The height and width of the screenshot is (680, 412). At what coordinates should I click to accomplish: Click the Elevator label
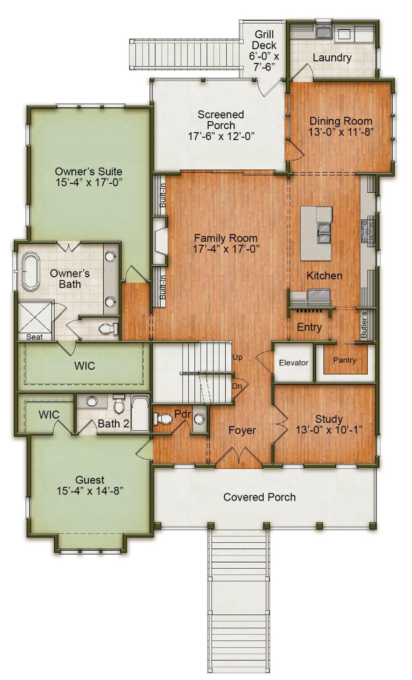click(x=293, y=363)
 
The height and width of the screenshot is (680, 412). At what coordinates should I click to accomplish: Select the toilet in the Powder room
click(x=164, y=418)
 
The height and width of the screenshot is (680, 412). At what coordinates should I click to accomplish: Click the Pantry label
click(x=344, y=360)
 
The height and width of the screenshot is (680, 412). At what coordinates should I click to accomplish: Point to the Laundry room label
click(x=332, y=58)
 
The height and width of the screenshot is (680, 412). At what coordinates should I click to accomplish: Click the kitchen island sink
click(x=323, y=232)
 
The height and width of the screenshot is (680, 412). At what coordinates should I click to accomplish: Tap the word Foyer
click(x=242, y=430)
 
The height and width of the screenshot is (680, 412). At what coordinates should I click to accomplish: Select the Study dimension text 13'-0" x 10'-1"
click(x=329, y=430)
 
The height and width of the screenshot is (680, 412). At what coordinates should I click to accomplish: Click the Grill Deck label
click(x=264, y=40)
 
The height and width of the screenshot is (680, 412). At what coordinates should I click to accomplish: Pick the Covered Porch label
click(x=259, y=497)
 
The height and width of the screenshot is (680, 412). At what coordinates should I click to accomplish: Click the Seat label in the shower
click(x=34, y=337)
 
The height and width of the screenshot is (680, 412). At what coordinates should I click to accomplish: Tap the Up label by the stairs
click(x=237, y=357)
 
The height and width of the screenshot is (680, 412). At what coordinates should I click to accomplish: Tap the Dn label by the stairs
click(x=237, y=386)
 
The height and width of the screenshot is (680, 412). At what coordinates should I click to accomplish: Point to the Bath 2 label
click(x=113, y=424)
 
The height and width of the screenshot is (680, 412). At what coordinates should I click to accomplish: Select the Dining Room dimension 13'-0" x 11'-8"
click(x=341, y=132)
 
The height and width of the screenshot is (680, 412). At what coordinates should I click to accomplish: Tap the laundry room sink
click(x=323, y=32)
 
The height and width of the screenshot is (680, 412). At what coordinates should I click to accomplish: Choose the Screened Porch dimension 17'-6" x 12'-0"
click(x=221, y=136)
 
